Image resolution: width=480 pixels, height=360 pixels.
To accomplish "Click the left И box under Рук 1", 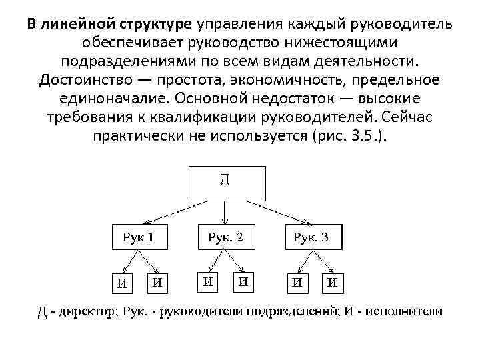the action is click(123, 282).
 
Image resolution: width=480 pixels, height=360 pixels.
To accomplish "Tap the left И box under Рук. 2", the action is click(209, 281).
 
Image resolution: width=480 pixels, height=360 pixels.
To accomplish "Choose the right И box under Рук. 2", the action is click(244, 281).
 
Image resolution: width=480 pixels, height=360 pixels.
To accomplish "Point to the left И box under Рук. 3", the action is click(295, 282).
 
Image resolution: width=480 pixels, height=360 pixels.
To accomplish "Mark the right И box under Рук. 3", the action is click(331, 282).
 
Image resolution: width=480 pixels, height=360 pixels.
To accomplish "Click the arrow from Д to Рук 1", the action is click(175, 211).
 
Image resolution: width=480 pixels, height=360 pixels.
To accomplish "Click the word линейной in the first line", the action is click(79, 25).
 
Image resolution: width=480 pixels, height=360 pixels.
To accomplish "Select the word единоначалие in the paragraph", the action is click(98, 99).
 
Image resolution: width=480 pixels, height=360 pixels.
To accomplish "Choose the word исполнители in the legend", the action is click(406, 312).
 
